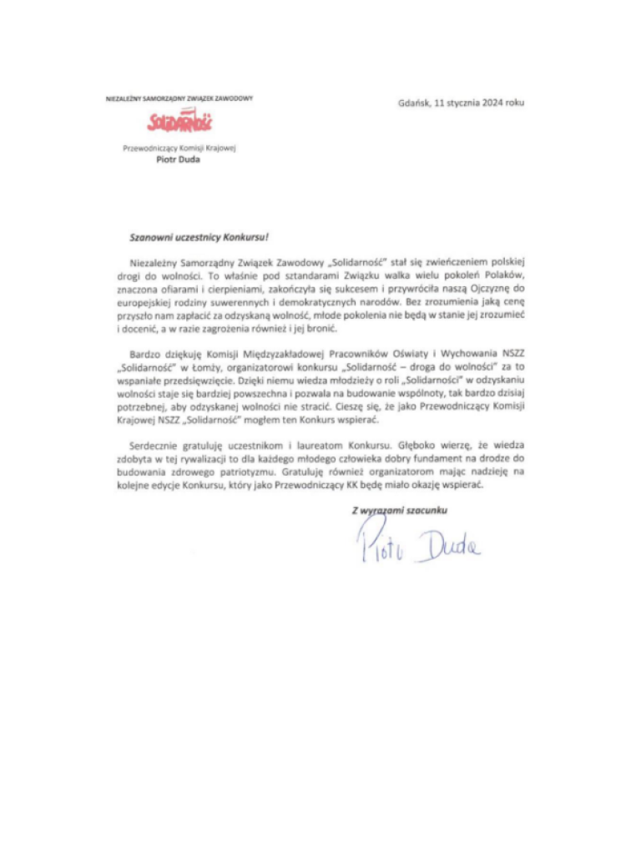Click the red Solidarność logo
point(178,123)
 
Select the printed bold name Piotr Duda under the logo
point(178,162)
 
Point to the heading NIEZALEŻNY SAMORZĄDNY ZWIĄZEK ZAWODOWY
point(179,98)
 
